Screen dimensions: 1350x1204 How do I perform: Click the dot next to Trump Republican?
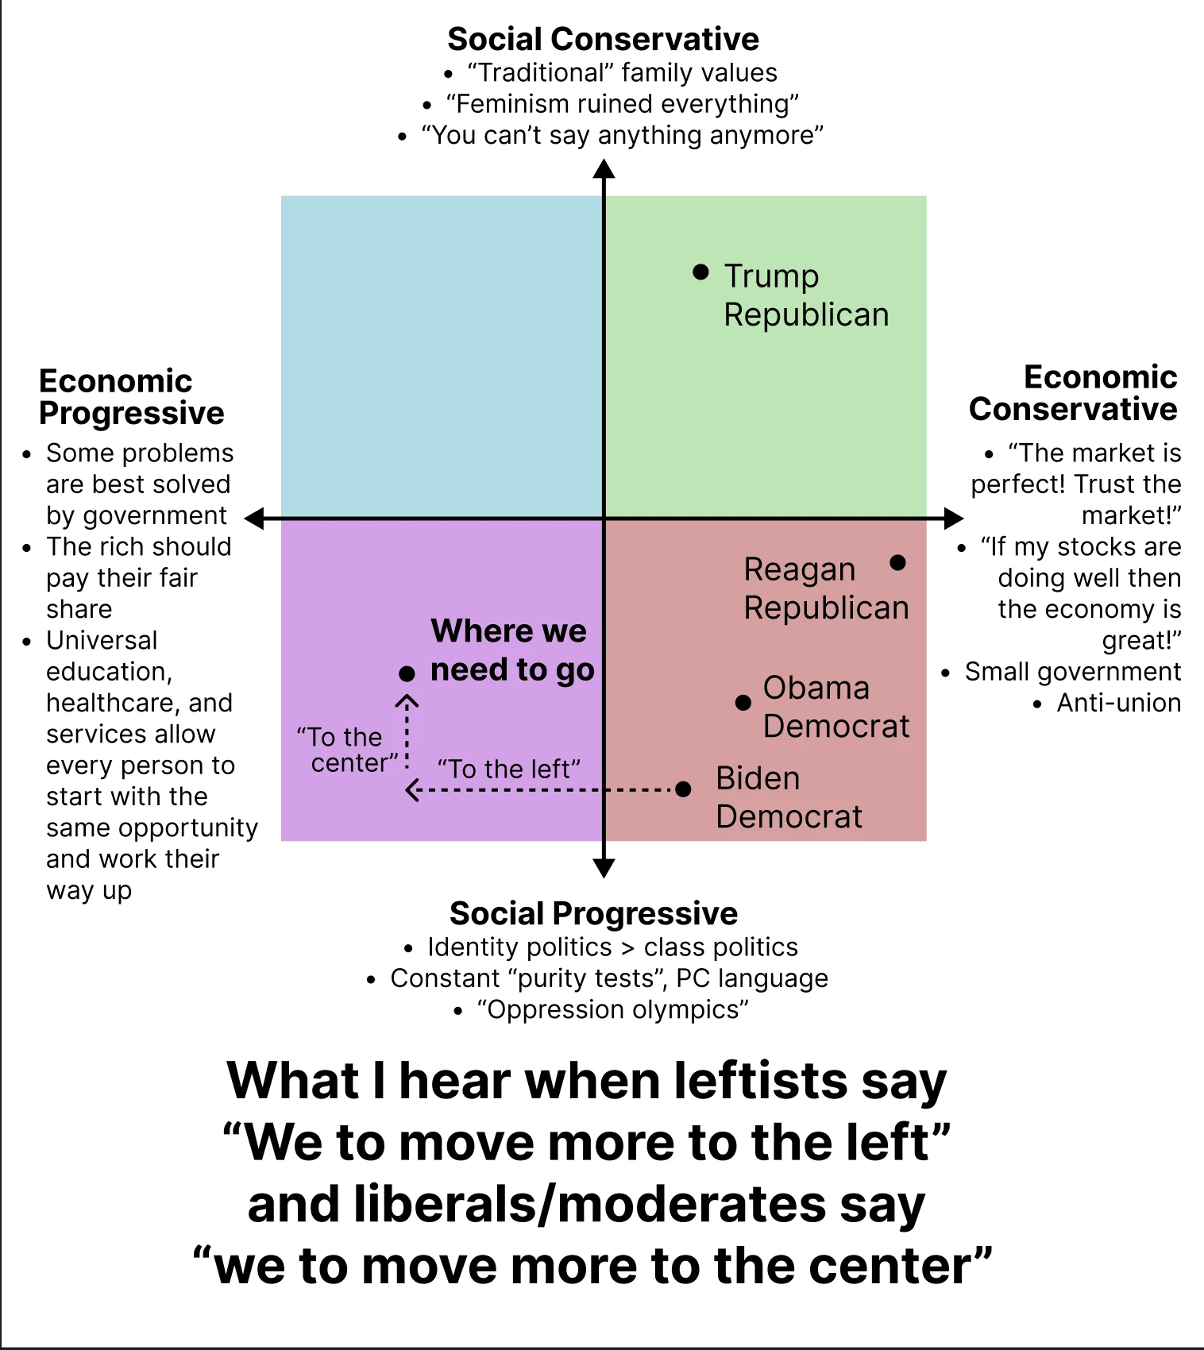[700, 272]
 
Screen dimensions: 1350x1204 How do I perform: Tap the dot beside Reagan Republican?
[898, 563]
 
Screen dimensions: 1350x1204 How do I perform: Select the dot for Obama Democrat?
[743, 703]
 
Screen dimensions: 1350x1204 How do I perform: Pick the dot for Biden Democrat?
[683, 789]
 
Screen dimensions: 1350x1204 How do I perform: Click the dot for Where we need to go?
[407, 674]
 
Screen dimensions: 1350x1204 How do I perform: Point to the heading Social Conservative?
[603, 39]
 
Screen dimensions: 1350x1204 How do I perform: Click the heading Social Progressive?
[593, 913]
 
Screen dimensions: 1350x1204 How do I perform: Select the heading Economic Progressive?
[131, 397]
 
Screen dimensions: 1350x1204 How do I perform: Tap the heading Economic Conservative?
[1073, 393]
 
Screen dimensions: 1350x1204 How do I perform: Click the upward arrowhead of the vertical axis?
[604, 168]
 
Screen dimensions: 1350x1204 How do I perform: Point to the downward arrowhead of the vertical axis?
[604, 869]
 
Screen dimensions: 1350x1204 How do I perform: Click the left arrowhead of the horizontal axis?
[254, 519]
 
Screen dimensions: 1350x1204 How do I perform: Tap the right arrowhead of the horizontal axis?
[954, 519]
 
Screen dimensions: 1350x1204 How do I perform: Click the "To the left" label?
[509, 769]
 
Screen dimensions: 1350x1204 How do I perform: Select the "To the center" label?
[346, 750]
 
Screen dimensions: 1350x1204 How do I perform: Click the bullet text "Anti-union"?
[1118, 703]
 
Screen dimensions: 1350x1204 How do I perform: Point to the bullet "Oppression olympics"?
[612, 1009]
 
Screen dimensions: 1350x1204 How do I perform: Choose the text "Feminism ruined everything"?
[622, 104]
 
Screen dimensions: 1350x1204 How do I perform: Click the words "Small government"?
[1072, 672]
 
